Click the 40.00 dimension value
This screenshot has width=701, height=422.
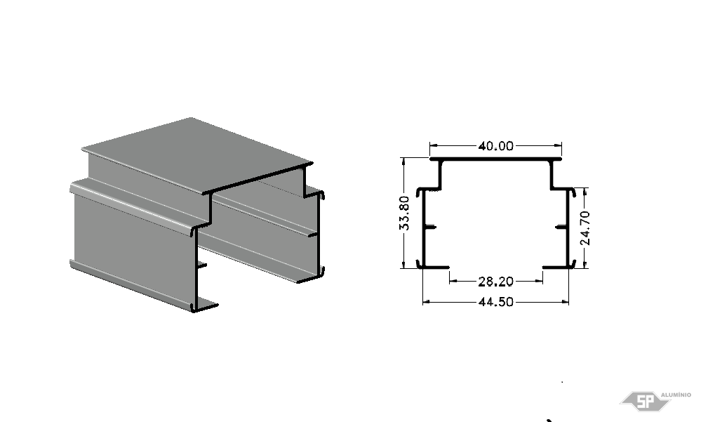pos(496,146)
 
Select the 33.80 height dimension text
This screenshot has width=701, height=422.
pos(404,213)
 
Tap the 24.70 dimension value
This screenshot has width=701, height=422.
pos(585,228)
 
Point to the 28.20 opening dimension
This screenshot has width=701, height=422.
pos(496,282)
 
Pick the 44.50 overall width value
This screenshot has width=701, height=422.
pos(496,302)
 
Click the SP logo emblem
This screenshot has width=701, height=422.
pos(645,401)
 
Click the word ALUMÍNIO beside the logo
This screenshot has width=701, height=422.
pos(676,395)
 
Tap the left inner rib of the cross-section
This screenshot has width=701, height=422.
pos(430,228)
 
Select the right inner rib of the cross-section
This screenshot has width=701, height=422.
pos(561,228)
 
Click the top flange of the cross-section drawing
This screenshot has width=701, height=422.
pos(496,159)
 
